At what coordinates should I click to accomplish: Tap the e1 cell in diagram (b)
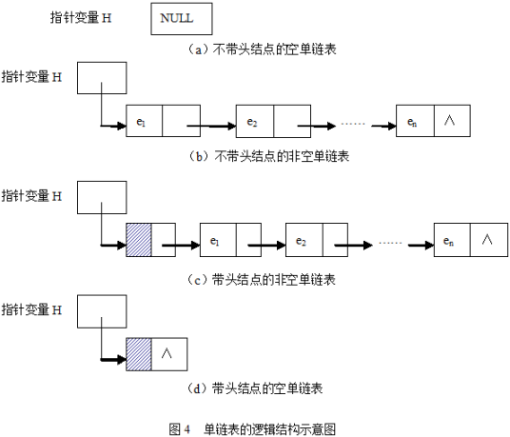[144, 123]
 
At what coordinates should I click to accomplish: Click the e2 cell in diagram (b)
[253, 123]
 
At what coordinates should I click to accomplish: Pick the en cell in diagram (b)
[415, 123]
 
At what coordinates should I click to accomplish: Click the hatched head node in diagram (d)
[138, 353]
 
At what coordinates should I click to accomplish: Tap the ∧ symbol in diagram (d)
[167, 353]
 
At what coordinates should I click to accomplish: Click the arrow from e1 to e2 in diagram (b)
[217, 124]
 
